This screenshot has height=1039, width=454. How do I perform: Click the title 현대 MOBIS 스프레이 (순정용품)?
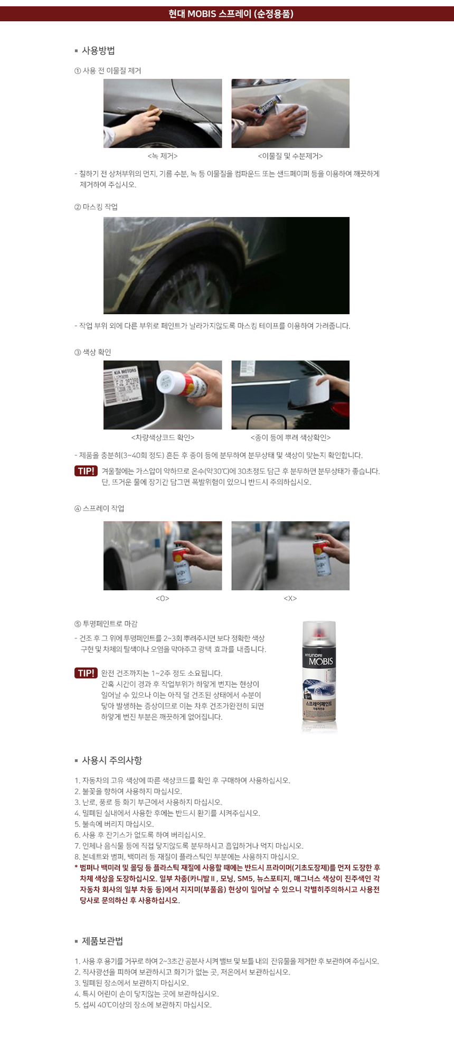[x=231, y=14]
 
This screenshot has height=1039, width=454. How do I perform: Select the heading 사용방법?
[x=98, y=51]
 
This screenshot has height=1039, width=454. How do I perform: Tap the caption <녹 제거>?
[x=163, y=156]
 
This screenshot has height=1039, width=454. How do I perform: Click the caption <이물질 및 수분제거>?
[x=290, y=156]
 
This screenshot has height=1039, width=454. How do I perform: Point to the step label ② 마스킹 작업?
[x=96, y=207]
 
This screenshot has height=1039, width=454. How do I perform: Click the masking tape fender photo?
[x=226, y=266]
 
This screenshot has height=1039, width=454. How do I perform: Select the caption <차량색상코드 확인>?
[x=163, y=438]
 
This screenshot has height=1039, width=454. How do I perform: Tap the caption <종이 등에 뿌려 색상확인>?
[x=290, y=438]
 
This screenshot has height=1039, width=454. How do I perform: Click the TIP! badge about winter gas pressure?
[x=86, y=471]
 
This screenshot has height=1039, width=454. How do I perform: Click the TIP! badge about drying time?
[x=86, y=673]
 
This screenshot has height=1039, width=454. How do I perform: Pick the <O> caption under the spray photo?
[x=163, y=599]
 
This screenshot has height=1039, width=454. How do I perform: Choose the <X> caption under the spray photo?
[x=290, y=599]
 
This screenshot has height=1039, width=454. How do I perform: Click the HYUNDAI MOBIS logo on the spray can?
[x=319, y=659]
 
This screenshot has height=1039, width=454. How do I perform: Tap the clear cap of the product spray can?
[x=319, y=636]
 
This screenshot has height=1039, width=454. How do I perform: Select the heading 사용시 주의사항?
[x=112, y=760]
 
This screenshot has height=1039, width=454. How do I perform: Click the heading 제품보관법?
[x=102, y=941]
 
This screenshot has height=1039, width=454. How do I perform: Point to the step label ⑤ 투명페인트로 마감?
[x=106, y=624]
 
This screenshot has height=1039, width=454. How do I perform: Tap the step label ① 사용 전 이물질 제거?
[x=108, y=71]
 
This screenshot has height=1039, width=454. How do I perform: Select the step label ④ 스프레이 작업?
[x=99, y=508]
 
